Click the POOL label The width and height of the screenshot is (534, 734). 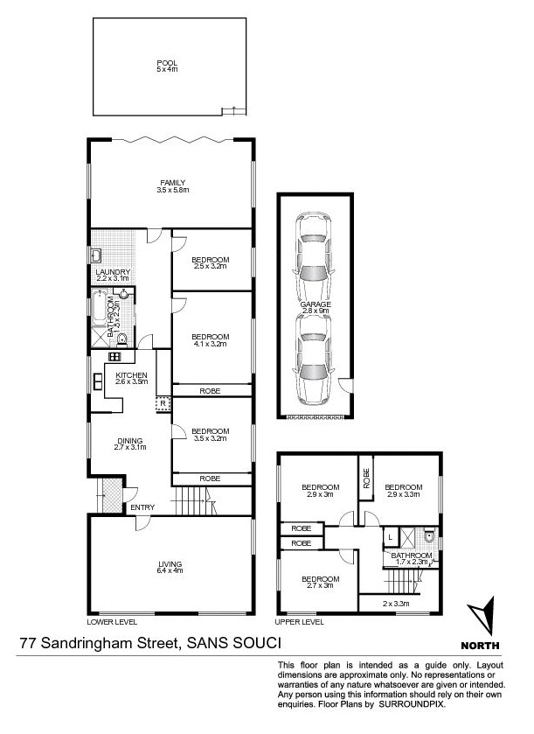166,63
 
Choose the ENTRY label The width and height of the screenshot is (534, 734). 142,507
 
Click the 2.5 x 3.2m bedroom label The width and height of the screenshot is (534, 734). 210,260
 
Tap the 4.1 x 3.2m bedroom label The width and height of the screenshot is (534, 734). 210,337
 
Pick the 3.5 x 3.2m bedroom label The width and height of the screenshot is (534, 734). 210,430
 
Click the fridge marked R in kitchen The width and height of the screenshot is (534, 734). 162,404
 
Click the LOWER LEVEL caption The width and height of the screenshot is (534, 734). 112,622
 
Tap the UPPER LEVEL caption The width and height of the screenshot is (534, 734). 301,622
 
